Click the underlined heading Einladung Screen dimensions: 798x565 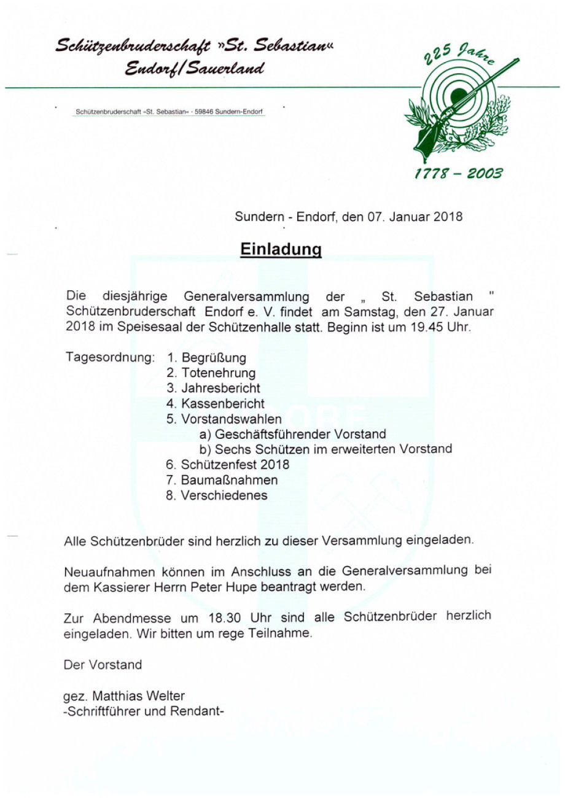281,250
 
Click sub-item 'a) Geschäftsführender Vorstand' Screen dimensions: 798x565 292,435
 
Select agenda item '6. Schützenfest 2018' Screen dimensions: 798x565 227,465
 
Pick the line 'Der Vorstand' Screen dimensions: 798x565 103,665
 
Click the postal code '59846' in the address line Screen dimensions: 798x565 204,112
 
